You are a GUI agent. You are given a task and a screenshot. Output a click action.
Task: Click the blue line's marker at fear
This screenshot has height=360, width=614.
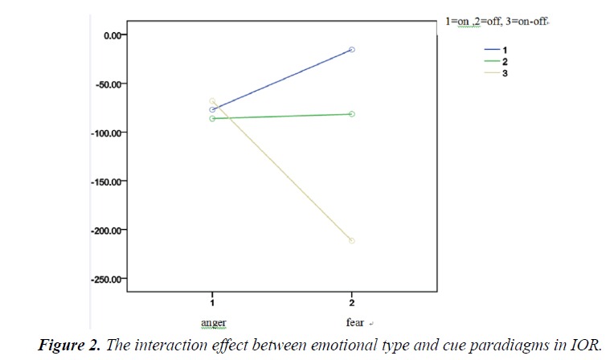point(352,50)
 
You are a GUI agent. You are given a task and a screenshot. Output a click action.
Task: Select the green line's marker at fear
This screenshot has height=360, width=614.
point(352,114)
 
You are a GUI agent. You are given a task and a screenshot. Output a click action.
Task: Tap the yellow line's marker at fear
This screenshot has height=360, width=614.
point(352,240)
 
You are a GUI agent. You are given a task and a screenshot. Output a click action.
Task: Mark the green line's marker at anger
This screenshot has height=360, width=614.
point(212,118)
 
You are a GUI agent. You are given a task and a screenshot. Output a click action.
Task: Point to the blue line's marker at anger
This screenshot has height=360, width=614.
point(212,109)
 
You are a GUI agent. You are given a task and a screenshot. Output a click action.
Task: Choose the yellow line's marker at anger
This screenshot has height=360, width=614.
point(212,101)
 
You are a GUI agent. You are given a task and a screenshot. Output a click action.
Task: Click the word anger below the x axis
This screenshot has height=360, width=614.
point(212,323)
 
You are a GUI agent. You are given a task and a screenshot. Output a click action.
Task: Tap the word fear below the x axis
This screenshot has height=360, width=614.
point(354,322)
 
